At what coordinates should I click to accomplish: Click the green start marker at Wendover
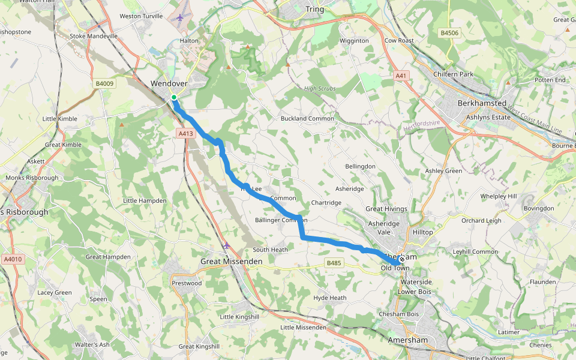click(173, 97)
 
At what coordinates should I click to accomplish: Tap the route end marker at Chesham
click(401, 259)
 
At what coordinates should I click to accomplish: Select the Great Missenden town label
click(231, 262)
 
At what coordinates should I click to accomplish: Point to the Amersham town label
click(409, 340)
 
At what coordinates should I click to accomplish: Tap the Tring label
click(314, 10)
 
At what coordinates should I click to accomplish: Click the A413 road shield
click(186, 134)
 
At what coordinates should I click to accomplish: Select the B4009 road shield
click(104, 84)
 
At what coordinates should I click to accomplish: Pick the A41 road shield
click(401, 76)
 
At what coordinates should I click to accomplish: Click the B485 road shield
click(334, 263)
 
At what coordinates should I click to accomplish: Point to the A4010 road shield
click(12, 259)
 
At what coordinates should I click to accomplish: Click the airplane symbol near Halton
click(179, 17)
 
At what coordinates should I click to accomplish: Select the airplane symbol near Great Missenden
click(226, 245)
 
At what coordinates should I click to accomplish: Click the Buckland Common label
click(307, 119)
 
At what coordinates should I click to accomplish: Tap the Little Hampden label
click(145, 200)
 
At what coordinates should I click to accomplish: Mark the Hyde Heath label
click(330, 298)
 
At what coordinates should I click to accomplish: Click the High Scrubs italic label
click(320, 89)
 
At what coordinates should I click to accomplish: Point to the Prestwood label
click(187, 283)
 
